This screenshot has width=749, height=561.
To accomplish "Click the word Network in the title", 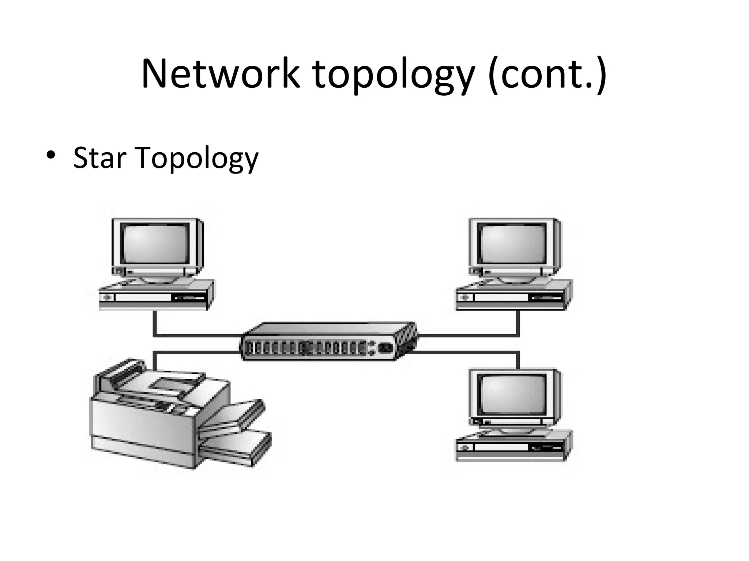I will [221, 74].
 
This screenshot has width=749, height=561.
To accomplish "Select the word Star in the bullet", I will [99, 158].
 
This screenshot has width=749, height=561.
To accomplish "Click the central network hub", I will [328, 341].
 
